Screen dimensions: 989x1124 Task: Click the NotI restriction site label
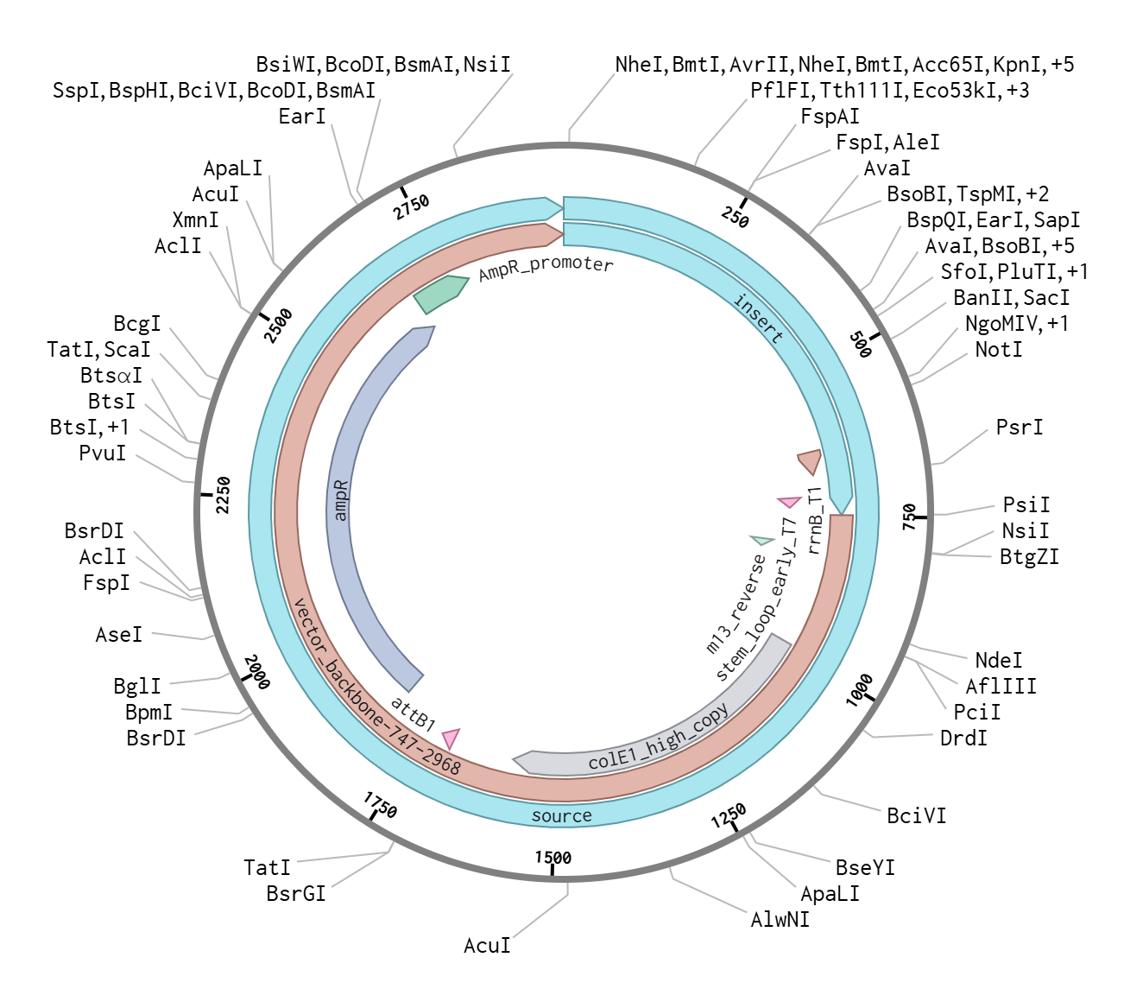[998, 350]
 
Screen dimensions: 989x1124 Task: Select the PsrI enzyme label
[1019, 428]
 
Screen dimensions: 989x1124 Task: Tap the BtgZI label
[1029, 557]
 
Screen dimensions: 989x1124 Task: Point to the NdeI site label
[998, 661]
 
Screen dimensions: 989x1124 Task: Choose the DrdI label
[963, 739]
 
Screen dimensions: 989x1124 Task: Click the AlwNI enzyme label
[780, 920]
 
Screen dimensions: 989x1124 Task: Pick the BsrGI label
[296, 894]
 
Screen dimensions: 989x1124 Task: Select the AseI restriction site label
[118, 635]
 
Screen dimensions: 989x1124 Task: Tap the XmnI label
[195, 220]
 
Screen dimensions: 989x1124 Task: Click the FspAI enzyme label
[830, 117]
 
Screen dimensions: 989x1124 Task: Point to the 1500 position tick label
[553, 857]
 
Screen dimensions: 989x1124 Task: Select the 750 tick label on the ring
[909, 517]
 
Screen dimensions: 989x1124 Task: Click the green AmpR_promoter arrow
[441, 294]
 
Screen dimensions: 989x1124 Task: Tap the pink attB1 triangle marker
[451, 739]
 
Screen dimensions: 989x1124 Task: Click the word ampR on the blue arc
[341, 501]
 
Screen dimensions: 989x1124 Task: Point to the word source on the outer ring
[561, 816]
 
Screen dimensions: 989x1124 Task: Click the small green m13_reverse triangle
[761, 540]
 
